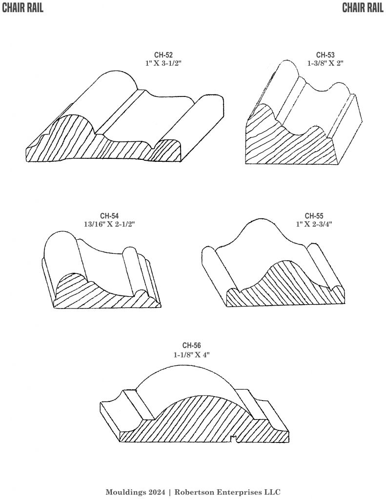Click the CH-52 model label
[x=163, y=55]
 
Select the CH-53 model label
[x=325, y=55]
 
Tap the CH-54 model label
[x=109, y=216]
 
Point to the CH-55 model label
[x=314, y=216]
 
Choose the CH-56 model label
[x=192, y=345]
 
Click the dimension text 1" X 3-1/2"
[x=163, y=63]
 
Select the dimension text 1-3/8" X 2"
[x=325, y=63]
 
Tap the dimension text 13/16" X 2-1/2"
[x=109, y=224]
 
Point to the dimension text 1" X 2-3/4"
[x=314, y=224]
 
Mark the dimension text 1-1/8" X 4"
[x=192, y=355]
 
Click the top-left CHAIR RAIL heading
[x=22, y=8]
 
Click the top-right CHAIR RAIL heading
[x=363, y=8]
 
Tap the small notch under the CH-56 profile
[x=234, y=440]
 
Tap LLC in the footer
[x=273, y=492]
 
